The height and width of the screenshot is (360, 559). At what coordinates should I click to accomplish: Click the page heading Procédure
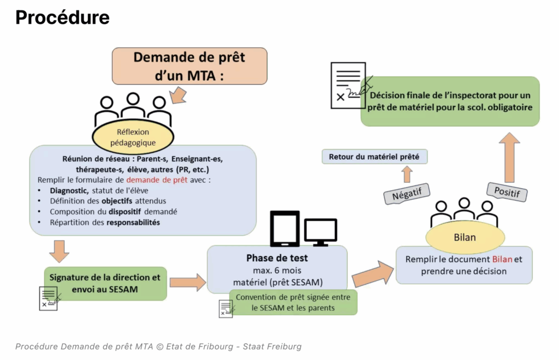63,17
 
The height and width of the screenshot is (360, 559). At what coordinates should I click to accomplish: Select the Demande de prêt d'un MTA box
189,65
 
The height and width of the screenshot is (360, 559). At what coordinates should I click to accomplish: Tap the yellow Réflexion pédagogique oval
133,137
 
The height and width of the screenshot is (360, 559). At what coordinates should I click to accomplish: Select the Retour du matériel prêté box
374,157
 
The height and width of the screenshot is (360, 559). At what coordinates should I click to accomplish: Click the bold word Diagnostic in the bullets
68,190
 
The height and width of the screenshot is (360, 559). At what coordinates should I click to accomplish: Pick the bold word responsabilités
133,223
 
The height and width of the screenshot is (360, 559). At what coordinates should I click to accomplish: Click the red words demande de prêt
157,179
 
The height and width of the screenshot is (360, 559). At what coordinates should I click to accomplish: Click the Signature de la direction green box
105,283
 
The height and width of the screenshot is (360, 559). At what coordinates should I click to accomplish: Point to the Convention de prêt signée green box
293,302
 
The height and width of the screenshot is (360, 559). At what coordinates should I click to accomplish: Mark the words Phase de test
277,257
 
